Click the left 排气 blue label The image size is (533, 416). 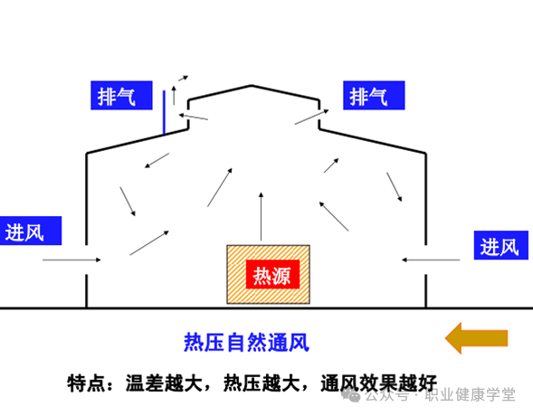tap(121, 96)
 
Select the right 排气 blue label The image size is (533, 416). tap(374, 96)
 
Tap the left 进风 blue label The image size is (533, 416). tap(31, 231)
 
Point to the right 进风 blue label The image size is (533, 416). tap(501, 245)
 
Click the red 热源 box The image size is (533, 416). tap(272, 274)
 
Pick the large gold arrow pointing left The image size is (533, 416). tap(476, 338)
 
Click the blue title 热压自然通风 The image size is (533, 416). tap(246, 343)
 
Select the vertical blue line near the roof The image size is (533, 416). tap(164, 112)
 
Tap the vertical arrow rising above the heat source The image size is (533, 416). tap(261, 217)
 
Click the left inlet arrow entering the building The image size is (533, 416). tap(71, 260)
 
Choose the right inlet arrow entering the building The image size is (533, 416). tap(431, 260)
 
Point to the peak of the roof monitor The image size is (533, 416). tap(252, 85)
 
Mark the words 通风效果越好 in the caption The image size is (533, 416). tap(378, 383)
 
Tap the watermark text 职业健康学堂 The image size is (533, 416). tap(471, 395)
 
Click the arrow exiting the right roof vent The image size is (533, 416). tap(311, 117)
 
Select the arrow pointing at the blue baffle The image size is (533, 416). tap(194, 117)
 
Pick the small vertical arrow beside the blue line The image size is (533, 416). tap(174, 96)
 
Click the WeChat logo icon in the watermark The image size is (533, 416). tap(351, 395)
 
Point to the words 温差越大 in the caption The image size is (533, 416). tap(164, 383)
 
